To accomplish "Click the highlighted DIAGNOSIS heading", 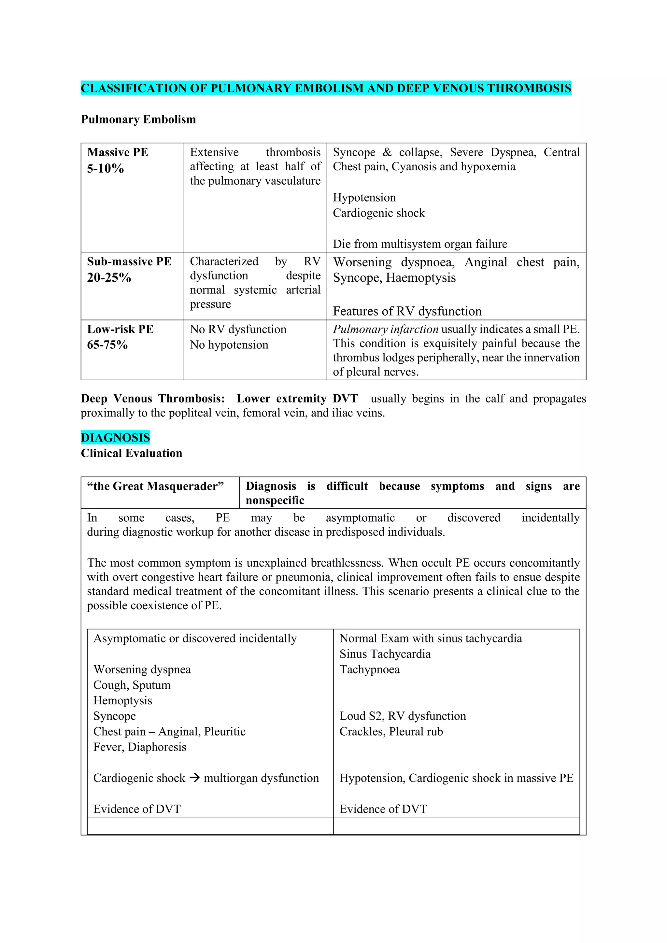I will [x=115, y=437].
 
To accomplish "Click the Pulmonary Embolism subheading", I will [x=138, y=120].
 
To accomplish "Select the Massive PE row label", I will [x=118, y=152].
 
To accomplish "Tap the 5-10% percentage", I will [x=105, y=168].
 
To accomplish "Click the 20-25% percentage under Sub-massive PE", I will [x=109, y=278].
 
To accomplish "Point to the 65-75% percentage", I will [x=107, y=345].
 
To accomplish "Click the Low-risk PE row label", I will [x=120, y=330].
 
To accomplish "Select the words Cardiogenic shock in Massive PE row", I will [x=379, y=213].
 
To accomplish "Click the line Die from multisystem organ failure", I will [x=420, y=244].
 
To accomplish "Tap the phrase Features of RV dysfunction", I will [x=407, y=311].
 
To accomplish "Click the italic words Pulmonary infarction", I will [x=386, y=330].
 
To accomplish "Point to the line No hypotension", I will [x=229, y=345].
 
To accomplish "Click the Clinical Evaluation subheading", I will [x=132, y=454].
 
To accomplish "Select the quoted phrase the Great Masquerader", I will [x=155, y=486].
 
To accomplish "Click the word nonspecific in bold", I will [x=275, y=501].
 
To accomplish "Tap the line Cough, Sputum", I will [x=132, y=685].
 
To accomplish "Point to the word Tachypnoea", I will [x=369, y=669].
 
